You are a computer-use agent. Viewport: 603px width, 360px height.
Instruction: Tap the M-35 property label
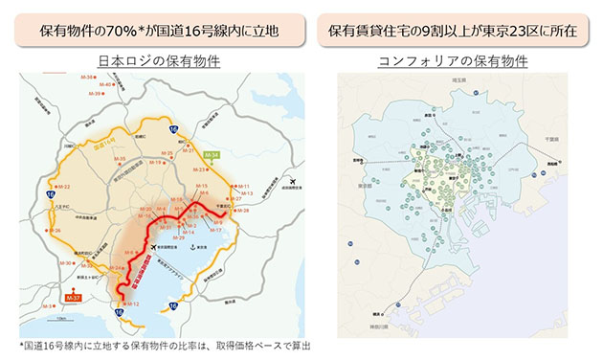(168, 152)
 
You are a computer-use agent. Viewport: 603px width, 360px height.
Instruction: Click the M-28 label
(243, 210)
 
